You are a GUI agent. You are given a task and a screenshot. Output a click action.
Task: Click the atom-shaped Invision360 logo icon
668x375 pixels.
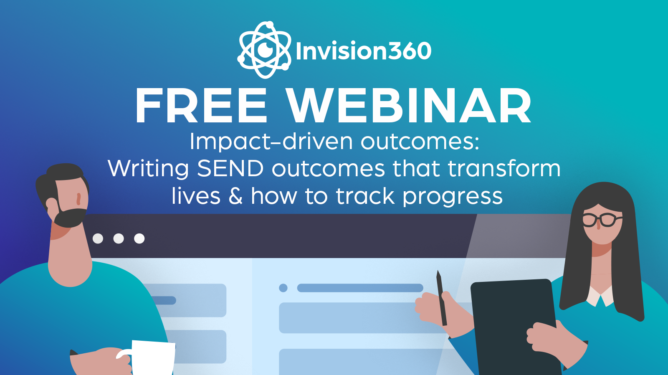(264, 50)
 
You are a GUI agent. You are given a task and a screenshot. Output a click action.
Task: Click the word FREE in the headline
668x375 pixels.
(201, 106)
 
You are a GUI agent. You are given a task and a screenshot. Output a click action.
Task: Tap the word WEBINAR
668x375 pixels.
(409, 106)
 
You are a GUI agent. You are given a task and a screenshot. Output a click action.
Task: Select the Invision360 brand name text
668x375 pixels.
(363, 51)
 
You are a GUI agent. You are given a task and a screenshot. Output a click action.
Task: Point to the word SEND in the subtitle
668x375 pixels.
(230, 169)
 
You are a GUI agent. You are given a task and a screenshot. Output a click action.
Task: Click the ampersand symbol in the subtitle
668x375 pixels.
(235, 196)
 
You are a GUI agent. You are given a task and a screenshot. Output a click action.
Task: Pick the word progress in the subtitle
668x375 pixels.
(453, 198)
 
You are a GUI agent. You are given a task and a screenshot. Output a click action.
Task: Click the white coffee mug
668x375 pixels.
(149, 357)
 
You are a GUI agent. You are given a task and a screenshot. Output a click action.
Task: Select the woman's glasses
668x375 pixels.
(601, 220)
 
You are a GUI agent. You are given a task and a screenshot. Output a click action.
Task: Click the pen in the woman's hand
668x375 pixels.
(442, 298)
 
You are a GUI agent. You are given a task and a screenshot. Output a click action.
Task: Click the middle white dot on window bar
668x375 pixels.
(119, 239)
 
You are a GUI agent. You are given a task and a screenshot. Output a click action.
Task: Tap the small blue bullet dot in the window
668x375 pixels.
(283, 288)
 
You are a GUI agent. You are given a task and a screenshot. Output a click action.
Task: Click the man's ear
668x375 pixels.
(52, 205)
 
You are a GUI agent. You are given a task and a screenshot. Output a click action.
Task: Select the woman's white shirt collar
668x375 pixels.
(600, 295)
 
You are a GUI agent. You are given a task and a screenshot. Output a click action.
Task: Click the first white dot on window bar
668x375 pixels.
(98, 239)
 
